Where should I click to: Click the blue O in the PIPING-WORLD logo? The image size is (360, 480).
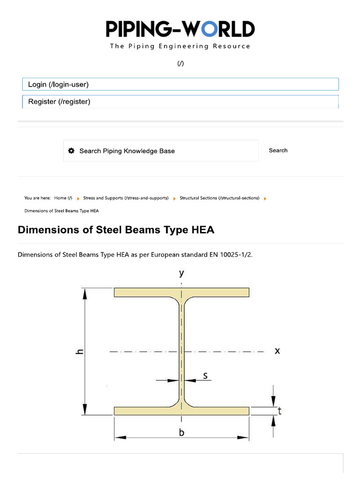coord(209,29)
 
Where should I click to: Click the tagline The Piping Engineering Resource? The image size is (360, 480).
coord(180,46)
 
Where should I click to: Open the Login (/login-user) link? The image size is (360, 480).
coord(58,84)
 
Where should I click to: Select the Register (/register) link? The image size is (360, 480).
coord(59,101)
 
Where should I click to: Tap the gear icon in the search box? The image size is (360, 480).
coord(71,151)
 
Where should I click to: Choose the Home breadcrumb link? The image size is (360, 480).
coord(63,198)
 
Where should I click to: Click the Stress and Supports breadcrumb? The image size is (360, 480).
coord(126,198)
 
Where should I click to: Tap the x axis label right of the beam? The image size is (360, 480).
coord(277,350)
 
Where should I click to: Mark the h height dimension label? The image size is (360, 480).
coord(80,352)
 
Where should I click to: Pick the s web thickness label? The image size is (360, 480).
coord(205,375)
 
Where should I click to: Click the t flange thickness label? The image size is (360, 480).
coord(279,411)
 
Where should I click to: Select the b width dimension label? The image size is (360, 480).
coord(182,434)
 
